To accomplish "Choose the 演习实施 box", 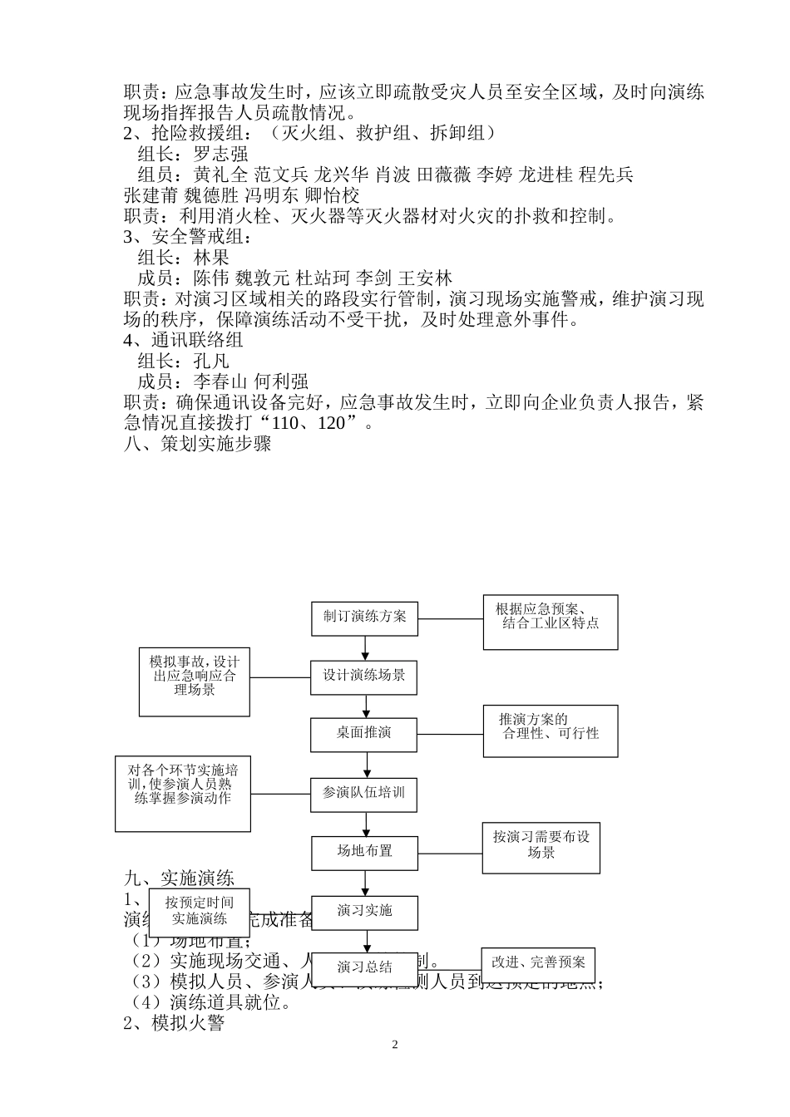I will (x=364, y=912).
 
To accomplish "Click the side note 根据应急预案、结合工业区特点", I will (x=551, y=622).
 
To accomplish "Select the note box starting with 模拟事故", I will (x=195, y=682).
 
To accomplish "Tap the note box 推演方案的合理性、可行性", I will (x=551, y=731).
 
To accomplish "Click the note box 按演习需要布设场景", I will (x=541, y=848).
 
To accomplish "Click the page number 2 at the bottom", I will (x=395, y=1045).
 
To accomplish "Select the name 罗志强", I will (x=220, y=154).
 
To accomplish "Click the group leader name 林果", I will (x=211, y=258).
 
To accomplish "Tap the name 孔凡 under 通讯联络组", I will (x=211, y=362).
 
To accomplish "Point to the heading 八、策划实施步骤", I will (x=197, y=445).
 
